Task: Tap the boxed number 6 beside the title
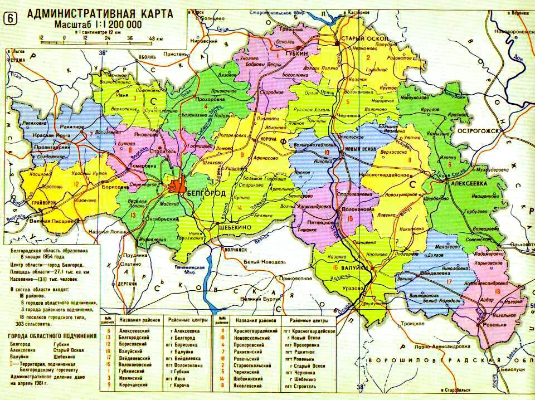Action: pos(10,17)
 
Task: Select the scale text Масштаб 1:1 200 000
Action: pos(98,25)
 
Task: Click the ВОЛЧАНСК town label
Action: pos(235,250)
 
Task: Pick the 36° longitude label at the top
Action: pos(103,53)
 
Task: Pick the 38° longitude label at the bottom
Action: pos(360,386)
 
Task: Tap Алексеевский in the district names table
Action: pos(136,330)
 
